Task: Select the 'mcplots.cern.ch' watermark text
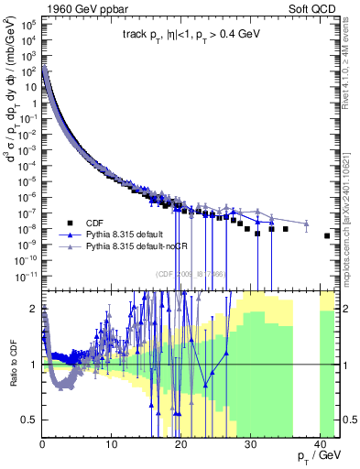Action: pos(349,229)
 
